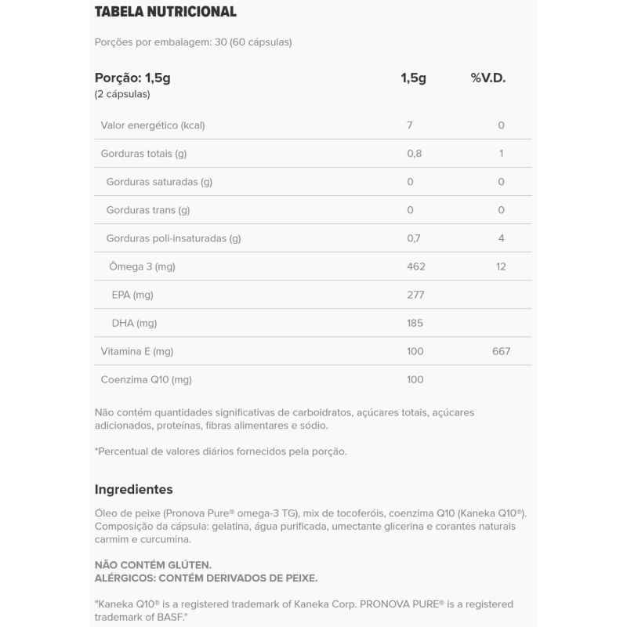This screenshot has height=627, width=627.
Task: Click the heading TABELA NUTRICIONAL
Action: pos(165,12)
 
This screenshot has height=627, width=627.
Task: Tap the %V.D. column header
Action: pos(488,78)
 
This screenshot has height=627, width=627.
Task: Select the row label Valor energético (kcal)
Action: pos(153,125)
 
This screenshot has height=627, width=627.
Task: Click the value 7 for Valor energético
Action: pos(410,125)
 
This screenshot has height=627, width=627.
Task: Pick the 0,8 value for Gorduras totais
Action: pos(415,154)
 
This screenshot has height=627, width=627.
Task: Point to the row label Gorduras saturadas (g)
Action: pos(159,182)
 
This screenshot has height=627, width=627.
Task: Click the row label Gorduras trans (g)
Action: pos(148,210)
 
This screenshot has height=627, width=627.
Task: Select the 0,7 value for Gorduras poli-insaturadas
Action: pos(415,238)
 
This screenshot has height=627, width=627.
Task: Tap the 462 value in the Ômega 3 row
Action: pos(416,266)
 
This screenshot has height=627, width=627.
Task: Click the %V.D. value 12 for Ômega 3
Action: pos(501,266)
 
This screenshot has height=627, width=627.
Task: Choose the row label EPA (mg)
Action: pos(132,295)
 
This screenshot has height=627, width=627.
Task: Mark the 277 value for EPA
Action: pos(415,295)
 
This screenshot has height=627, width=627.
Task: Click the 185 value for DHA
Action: pos(415,323)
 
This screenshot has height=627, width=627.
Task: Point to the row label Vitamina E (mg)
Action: pos(137,351)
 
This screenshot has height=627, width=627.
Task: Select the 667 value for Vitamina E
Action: pos(501,351)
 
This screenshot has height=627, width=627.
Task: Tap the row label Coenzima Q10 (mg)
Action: pos(147,379)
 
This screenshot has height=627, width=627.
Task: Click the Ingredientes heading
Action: pos(134,489)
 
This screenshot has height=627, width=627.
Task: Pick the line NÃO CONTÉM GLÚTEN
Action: pos(154,564)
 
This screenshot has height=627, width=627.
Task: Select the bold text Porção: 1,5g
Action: pos(132,78)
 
